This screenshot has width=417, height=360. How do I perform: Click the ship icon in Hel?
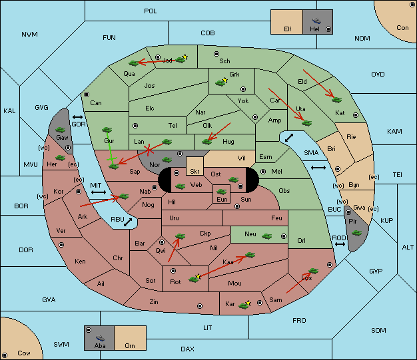316,21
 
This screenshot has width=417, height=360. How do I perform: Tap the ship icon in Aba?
100,337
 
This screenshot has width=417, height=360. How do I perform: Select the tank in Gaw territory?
61,130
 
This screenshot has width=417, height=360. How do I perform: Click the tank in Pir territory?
356,233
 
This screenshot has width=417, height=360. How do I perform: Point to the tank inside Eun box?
222,191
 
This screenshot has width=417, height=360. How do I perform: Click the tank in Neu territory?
266,236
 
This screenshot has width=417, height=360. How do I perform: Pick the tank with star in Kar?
244,305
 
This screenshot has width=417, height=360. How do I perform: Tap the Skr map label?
195,172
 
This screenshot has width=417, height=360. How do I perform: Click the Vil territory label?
242,158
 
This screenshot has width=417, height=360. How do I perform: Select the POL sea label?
151,11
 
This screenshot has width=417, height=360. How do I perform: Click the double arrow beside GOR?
77,117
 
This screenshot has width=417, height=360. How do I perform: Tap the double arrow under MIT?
99,192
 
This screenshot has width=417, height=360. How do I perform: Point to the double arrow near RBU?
128,222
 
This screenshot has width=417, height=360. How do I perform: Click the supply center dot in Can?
87,94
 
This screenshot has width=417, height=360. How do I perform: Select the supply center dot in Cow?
5,355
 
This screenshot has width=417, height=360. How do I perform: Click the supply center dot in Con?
412,5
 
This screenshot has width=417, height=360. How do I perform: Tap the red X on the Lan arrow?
149,150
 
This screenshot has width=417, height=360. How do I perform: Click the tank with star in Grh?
222,82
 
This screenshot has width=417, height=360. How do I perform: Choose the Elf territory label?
288,29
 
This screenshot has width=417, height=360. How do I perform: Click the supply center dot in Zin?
200,306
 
